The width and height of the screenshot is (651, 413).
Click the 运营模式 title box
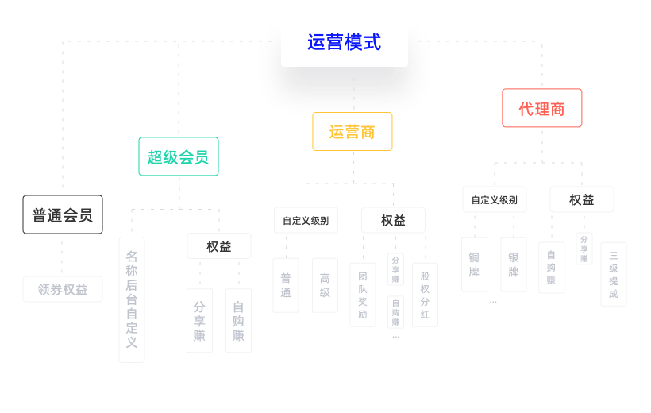pyautogui.click(x=344, y=41)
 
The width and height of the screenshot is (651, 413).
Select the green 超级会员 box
pyautogui.click(x=178, y=156)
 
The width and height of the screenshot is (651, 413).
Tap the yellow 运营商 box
pyautogui.click(x=352, y=132)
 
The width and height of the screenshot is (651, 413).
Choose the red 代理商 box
pyautogui.click(x=541, y=108)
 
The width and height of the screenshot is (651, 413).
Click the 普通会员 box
pyautogui.click(x=62, y=214)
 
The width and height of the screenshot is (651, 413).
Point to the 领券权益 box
pyautogui.click(x=63, y=289)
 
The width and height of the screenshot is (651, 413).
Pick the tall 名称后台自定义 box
pyautogui.click(x=132, y=299)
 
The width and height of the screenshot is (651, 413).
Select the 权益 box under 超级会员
pyautogui.click(x=219, y=246)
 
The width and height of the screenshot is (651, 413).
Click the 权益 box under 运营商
pyautogui.click(x=393, y=220)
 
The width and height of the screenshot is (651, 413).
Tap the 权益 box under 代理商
pyautogui.click(x=581, y=199)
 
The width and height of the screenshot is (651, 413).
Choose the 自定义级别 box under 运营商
pyautogui.click(x=306, y=220)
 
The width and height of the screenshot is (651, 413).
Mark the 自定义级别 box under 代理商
pyautogui.click(x=494, y=199)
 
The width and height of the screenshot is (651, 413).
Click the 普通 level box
pyautogui.click(x=286, y=285)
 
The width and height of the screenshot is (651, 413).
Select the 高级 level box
pyautogui.click(x=325, y=285)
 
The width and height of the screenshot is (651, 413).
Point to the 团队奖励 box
pyautogui.click(x=363, y=295)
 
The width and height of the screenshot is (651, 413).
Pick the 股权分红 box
pyautogui.click(x=425, y=295)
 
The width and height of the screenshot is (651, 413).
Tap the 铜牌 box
pyautogui.click(x=474, y=264)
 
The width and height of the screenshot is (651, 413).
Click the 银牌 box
pyautogui.click(x=514, y=264)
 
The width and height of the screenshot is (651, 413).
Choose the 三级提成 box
pyautogui.click(x=613, y=274)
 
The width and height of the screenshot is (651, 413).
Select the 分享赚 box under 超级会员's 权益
pyautogui.click(x=199, y=321)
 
